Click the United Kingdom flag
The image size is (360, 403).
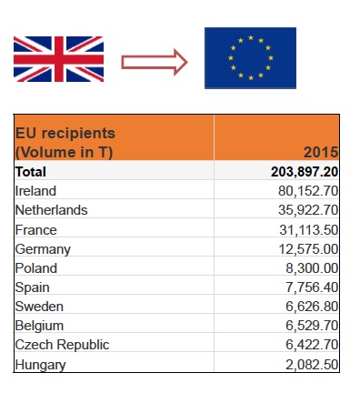[x=58, y=59]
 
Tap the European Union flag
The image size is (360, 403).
[x=250, y=58]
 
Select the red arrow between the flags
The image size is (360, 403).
[x=154, y=62]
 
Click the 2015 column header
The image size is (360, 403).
[x=321, y=152]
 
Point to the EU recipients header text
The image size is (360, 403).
[x=65, y=142]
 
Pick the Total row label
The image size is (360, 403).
[x=31, y=171]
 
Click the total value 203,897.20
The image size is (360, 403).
[x=305, y=171]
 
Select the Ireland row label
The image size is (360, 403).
[x=35, y=191]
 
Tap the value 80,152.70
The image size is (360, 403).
[x=308, y=191]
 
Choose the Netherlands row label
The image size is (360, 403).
[x=52, y=210]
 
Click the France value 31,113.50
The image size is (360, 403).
[x=308, y=230]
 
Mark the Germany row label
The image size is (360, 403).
[x=43, y=249]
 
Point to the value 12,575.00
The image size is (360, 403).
[x=308, y=249]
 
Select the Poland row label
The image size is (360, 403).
[x=36, y=268]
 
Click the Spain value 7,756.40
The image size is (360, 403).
[x=312, y=287]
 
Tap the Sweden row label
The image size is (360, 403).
[x=39, y=307]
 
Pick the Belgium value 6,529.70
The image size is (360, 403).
[x=312, y=326]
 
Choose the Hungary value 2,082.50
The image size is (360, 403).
[x=312, y=365]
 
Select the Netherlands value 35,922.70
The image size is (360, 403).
[x=308, y=210]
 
